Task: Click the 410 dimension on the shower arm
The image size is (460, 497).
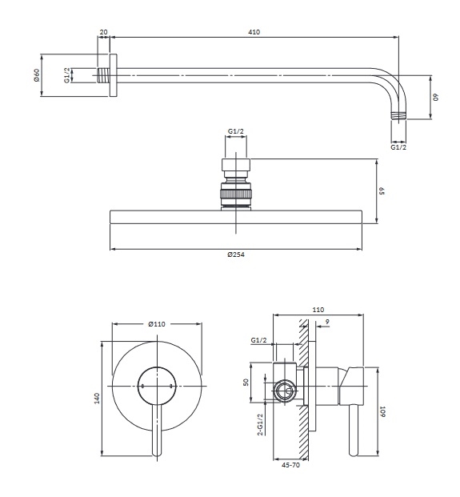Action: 254,32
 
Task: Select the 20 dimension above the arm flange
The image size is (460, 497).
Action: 103,32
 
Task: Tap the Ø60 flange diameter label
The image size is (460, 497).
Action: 37,74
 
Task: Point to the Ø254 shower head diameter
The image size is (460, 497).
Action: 236,255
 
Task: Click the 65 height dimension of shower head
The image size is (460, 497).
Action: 382,191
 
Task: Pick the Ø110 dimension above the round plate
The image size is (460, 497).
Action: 157,324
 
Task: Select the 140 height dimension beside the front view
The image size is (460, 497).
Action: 97,398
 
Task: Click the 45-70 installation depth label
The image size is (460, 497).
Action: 290,465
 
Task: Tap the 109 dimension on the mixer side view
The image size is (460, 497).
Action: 382,411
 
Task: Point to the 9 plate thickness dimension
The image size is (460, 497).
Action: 327,322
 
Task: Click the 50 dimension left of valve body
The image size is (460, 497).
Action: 246,382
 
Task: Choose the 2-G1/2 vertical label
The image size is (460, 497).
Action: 261,424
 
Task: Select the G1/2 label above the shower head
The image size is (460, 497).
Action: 236,131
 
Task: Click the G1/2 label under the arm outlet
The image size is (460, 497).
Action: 398,147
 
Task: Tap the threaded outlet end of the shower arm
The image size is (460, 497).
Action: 398,116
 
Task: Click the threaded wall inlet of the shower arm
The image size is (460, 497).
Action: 103,75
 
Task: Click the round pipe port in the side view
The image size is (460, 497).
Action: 285,391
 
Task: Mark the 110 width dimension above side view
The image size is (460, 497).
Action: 318,310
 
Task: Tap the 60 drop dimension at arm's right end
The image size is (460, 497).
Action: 436,97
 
